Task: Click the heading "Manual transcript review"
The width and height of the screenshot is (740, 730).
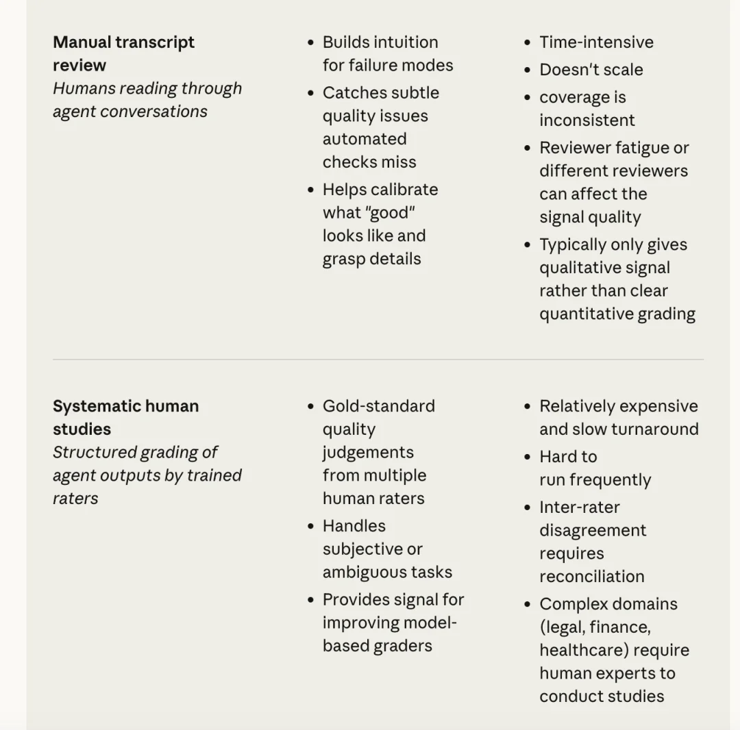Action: (x=123, y=53)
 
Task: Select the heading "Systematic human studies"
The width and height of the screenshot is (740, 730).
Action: (x=125, y=417)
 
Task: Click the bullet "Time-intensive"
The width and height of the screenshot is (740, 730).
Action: (x=596, y=42)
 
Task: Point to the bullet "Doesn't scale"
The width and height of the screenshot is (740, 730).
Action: (x=591, y=70)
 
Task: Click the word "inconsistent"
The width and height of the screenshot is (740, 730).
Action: (x=587, y=121)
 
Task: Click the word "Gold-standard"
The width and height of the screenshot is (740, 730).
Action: (x=378, y=406)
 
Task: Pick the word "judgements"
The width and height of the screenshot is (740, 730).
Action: (x=368, y=453)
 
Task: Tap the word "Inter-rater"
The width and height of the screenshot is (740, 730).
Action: (x=579, y=507)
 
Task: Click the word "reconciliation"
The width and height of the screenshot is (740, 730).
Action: (x=591, y=577)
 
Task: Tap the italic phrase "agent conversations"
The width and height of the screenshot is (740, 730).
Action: (x=130, y=112)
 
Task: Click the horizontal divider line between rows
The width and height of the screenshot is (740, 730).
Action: (x=378, y=360)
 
